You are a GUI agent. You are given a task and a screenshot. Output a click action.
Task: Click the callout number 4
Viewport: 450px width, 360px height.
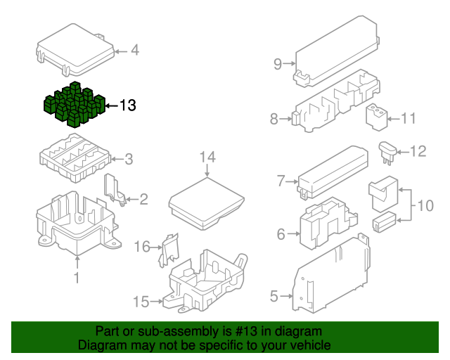(134, 51)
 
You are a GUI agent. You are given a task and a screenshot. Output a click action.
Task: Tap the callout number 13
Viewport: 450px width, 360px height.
(127, 106)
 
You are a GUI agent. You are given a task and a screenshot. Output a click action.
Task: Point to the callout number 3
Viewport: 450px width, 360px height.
(128, 159)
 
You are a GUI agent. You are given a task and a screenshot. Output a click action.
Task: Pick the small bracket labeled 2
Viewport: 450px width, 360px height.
(114, 191)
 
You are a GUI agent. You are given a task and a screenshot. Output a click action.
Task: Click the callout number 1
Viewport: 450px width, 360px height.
(77, 278)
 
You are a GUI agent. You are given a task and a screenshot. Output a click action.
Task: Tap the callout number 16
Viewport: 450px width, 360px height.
(143, 246)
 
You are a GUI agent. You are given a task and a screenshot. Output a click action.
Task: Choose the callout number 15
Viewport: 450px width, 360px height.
(141, 302)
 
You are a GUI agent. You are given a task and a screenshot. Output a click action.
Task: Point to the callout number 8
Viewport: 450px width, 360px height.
(274, 120)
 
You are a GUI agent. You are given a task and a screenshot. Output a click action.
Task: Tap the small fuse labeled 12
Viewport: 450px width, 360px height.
(388, 150)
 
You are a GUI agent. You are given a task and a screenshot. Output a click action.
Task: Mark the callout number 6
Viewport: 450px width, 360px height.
(281, 234)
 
